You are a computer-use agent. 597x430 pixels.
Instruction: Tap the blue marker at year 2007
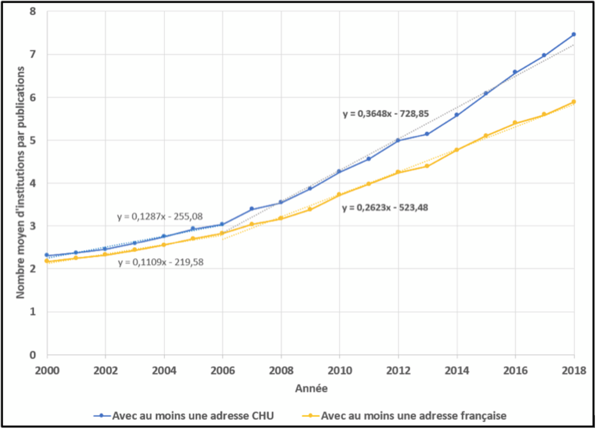[252, 209]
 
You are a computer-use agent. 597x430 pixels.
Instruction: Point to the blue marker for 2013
[427, 134]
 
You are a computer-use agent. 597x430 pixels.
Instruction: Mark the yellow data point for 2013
[427, 166]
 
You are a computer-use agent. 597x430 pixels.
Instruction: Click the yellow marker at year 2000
[47, 261]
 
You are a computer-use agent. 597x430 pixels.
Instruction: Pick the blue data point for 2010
[339, 172]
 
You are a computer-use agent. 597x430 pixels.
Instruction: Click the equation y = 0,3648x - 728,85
[385, 114]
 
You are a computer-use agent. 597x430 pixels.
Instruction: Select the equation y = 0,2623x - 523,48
[385, 208]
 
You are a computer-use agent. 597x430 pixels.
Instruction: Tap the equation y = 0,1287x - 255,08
[160, 217]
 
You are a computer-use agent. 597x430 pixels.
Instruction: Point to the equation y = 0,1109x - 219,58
[161, 262]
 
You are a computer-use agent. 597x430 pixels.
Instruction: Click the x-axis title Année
[311, 388]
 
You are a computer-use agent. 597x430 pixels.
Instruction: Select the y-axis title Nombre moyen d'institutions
[20, 182]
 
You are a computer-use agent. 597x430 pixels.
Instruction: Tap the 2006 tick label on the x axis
[223, 370]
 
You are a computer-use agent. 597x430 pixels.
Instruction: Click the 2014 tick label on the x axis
[457, 370]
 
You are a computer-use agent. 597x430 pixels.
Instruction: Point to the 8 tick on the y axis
[33, 11]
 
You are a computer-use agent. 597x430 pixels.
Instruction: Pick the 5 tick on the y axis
[33, 140]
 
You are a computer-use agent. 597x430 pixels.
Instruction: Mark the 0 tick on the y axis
[33, 355]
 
